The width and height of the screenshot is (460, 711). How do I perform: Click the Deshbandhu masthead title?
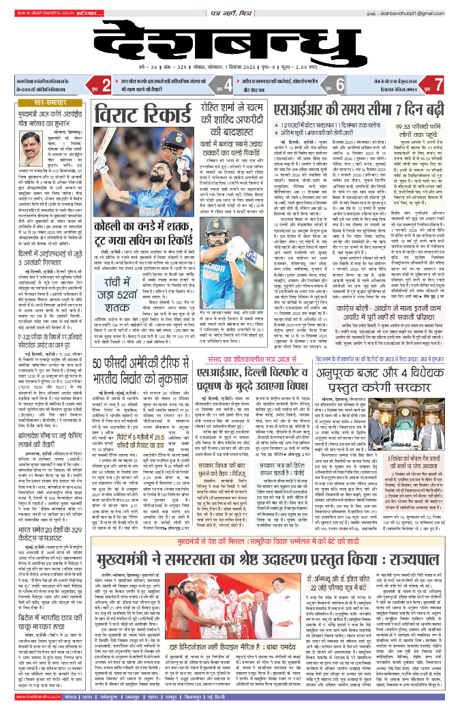click(230, 42)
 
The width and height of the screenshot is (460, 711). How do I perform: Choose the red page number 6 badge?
click(339, 85)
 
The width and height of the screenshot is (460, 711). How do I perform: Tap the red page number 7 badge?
click(441, 85)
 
